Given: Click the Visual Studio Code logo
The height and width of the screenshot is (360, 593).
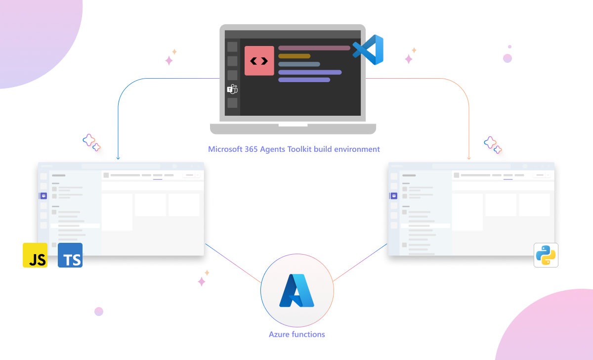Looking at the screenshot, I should pyautogui.click(x=369, y=50).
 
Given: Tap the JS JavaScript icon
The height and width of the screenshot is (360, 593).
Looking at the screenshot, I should pyautogui.click(x=35, y=255).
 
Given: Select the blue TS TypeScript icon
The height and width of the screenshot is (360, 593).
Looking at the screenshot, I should pyautogui.click(x=70, y=255).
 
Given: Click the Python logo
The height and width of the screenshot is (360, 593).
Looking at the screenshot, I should pyautogui.click(x=546, y=255).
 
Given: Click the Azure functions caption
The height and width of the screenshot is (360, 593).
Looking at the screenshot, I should pyautogui.click(x=297, y=334).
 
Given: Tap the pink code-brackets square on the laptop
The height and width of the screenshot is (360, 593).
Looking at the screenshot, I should pyautogui.click(x=259, y=61).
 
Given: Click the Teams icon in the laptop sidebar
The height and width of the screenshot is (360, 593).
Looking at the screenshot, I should pyautogui.click(x=232, y=89).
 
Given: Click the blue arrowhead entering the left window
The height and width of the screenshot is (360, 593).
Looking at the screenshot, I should pyautogui.click(x=118, y=158).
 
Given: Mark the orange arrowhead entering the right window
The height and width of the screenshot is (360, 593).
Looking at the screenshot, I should pyautogui.click(x=469, y=158).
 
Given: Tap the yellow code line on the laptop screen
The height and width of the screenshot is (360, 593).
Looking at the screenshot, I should pyautogui.click(x=295, y=56).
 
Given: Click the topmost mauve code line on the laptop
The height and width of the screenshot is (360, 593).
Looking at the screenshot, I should pyautogui.click(x=314, y=48).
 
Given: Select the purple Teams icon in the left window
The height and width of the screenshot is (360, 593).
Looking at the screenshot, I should pyautogui.click(x=43, y=196).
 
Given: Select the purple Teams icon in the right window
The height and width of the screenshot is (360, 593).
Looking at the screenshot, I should pyautogui.click(x=394, y=196).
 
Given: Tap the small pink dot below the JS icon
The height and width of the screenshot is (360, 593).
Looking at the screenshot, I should pyautogui.click(x=99, y=312).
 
